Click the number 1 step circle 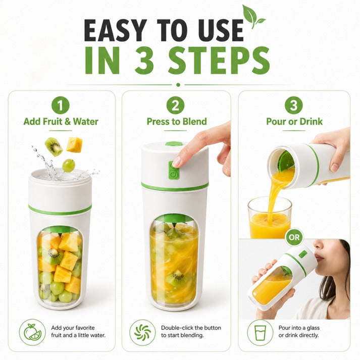click(x=61, y=106)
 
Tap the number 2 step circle click(x=175, y=106)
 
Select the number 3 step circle click(x=294, y=106)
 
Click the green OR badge click(x=294, y=237)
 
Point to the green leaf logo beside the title click(x=252, y=17)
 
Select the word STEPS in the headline click(x=219, y=61)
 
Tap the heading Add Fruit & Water click(x=61, y=122)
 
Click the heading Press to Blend click(x=177, y=122)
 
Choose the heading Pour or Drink click(x=294, y=122)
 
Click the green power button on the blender click(x=173, y=170)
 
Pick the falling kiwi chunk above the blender click(x=54, y=146)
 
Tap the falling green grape click(x=69, y=166)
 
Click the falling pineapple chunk click(x=74, y=144)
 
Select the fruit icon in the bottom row click(x=32, y=332)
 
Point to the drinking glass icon click(x=260, y=332)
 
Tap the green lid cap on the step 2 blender click(x=174, y=144)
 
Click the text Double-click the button click(x=191, y=328)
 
